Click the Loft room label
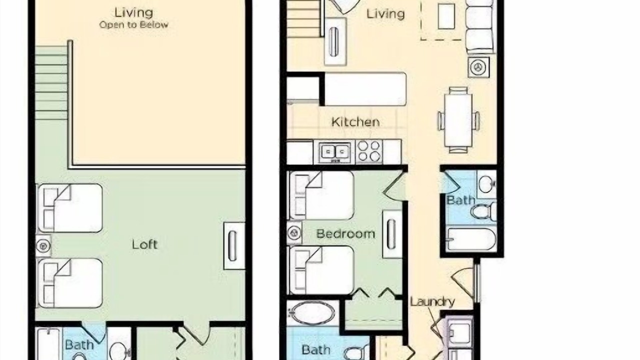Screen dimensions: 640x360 coord(144,244)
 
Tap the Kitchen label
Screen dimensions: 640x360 coord(355,122)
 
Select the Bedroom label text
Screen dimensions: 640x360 coord(345,233)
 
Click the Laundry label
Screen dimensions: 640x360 coord(432,302)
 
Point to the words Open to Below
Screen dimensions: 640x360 coord(133,25)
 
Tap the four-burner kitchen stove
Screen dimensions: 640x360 coord(369,151)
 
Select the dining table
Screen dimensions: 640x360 coord(458,120)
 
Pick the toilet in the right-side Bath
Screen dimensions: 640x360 coord(483,211)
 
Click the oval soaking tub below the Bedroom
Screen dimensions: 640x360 coord(312,313)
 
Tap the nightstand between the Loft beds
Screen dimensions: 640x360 coord(43,245)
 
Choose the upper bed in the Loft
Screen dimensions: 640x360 coord(69,208)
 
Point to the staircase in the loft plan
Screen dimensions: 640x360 coord(51,83)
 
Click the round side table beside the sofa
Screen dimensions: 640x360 coord(478,67)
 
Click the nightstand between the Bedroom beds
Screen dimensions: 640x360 coord(294,233)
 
